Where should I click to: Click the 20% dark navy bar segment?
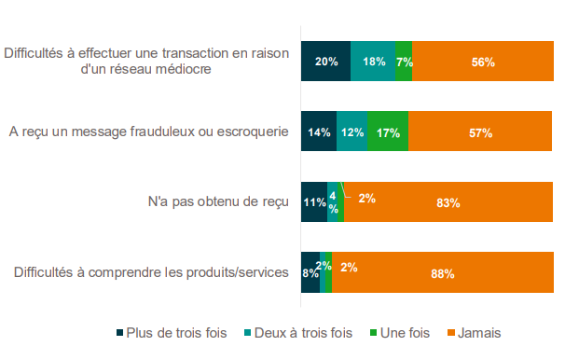[x=325, y=61]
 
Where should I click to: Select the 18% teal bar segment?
[x=373, y=61]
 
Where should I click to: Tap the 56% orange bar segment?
[x=483, y=61]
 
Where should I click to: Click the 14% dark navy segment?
[x=319, y=132]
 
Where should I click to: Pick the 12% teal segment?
[x=352, y=132]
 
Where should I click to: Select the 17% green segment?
[x=388, y=132]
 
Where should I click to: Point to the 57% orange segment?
[x=480, y=132]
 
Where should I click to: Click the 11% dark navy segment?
[x=314, y=201]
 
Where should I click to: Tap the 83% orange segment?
[x=448, y=201]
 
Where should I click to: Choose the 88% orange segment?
[x=443, y=272]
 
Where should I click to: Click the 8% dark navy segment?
[x=310, y=272]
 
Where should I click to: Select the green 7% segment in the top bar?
[x=404, y=61]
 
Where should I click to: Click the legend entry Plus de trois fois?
[x=172, y=333]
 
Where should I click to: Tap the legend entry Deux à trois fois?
[x=298, y=333]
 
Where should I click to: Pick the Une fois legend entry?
[x=400, y=333]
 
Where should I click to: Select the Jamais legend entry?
[x=475, y=333]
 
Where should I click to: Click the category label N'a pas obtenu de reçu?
[x=218, y=201]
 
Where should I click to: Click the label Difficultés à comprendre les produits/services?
[x=151, y=272]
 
